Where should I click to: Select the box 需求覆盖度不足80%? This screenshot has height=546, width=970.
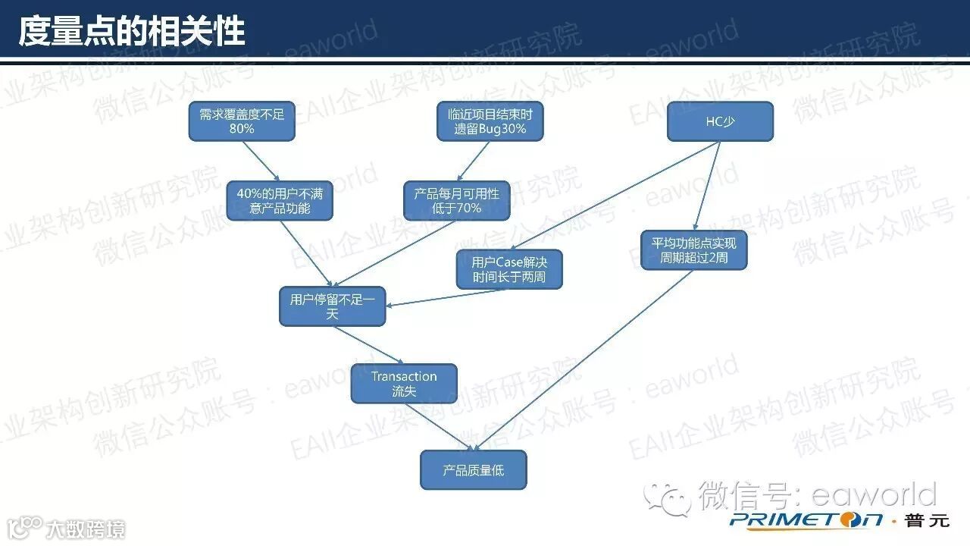242,121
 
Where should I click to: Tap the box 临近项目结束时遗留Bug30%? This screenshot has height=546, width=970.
490,121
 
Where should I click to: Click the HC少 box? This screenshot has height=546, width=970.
720,121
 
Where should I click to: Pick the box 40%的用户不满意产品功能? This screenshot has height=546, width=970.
280,200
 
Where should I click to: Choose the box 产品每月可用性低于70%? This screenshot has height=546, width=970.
456,200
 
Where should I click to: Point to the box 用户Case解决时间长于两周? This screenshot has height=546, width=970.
509,269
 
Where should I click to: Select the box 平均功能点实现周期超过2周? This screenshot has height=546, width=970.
694,250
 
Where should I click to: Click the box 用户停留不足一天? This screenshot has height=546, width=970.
332,306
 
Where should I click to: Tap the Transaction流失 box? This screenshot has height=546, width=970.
404,384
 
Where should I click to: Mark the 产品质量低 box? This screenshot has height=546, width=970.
473,470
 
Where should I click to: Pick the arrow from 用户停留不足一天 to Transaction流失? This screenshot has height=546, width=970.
368,345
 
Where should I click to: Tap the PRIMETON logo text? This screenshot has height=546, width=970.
806,519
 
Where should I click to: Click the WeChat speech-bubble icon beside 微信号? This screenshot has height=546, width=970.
668,497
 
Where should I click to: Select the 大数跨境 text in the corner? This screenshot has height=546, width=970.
85,529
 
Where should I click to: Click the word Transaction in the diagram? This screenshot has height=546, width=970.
404,376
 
